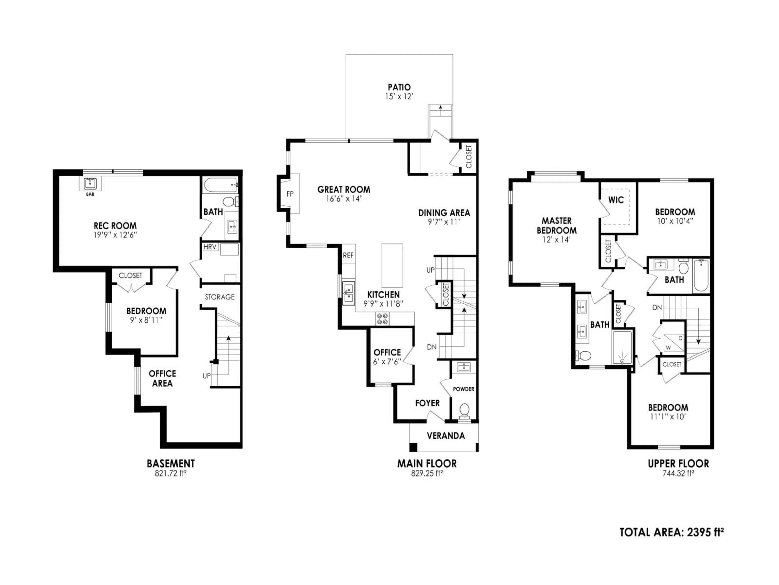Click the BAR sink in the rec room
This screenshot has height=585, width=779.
coord(90,184)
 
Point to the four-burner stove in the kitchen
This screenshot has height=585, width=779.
coord(382,319)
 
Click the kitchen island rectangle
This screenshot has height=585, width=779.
coord(392,265)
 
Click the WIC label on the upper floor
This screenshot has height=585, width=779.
coord(616,200)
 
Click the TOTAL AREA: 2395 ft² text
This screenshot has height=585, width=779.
coord(671,532)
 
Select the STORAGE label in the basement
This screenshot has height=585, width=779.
coord(219,297)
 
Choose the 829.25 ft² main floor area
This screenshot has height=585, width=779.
coord(427,473)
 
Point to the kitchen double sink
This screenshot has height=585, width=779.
coord(348,293)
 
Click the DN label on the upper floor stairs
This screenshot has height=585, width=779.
coord(657,308)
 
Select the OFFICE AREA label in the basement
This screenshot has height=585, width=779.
coord(162,378)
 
